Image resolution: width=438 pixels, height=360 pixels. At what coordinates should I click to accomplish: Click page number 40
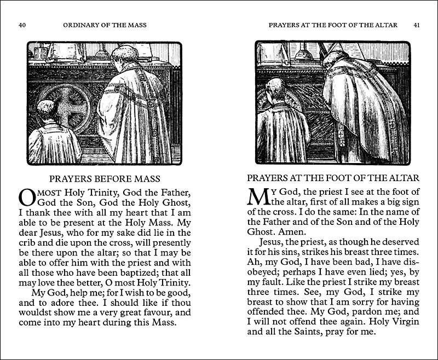(22, 25)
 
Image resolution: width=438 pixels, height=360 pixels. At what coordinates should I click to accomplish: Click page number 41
(416, 25)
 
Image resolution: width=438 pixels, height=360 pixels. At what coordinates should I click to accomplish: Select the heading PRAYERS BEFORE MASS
(104, 178)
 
